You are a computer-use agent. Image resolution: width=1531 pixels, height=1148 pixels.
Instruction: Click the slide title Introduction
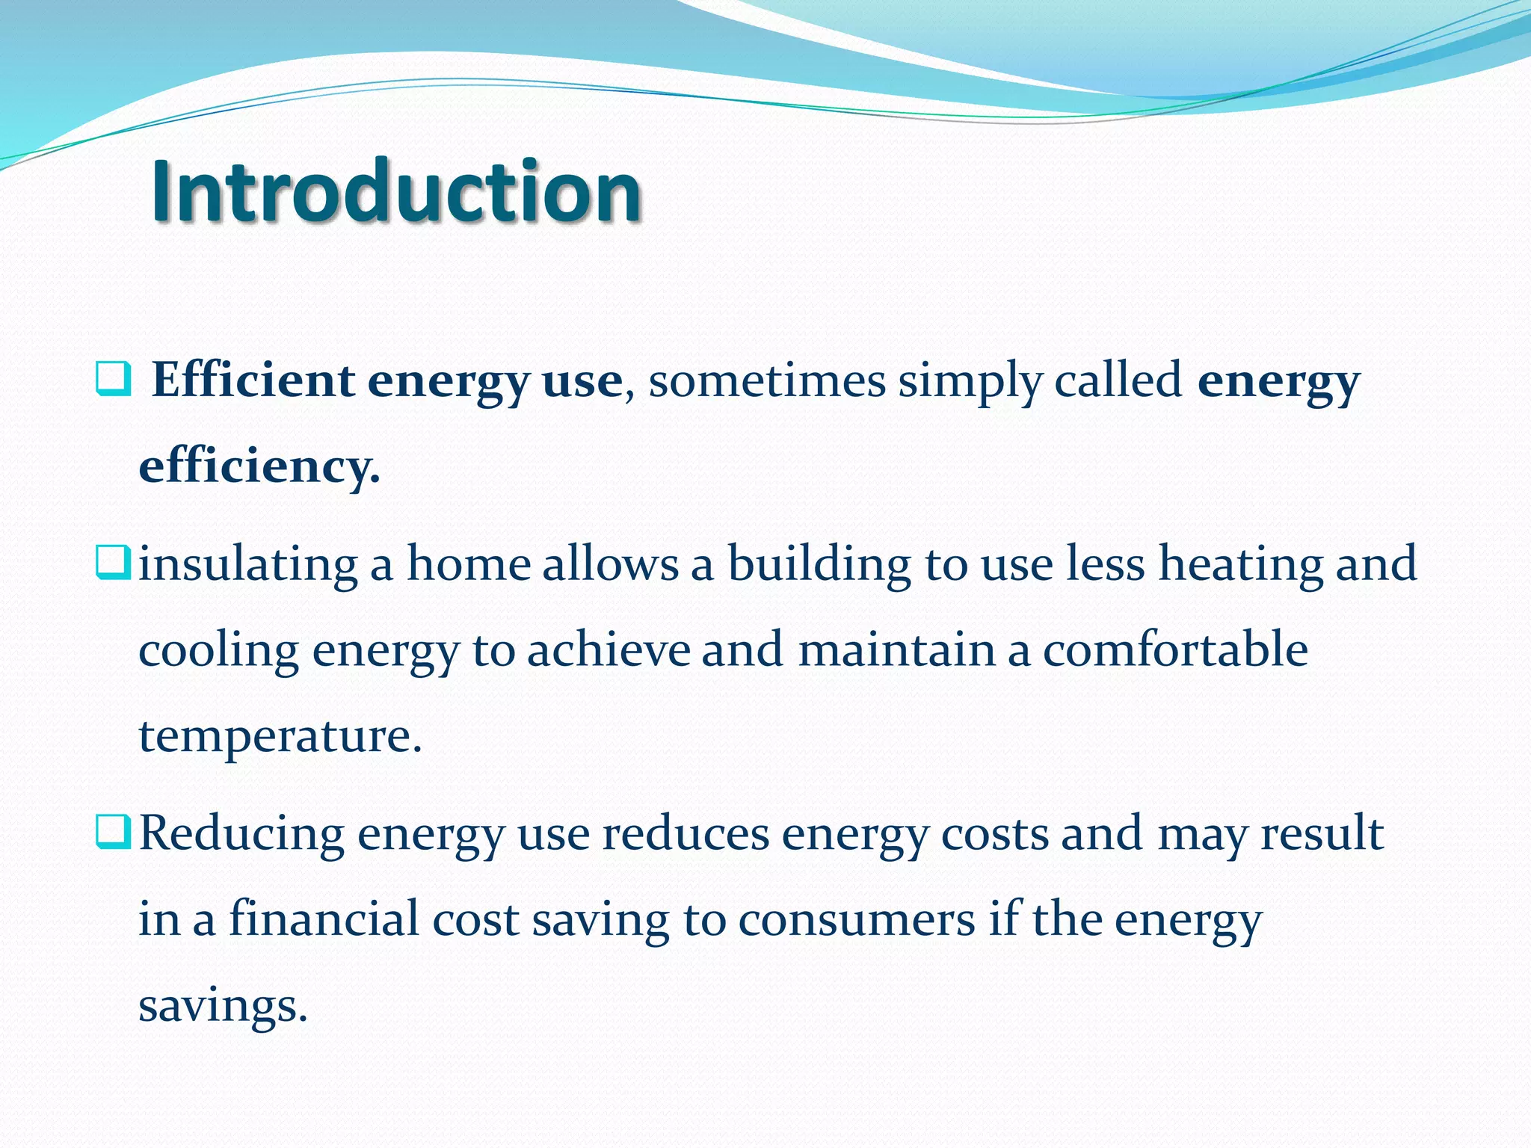click(x=396, y=191)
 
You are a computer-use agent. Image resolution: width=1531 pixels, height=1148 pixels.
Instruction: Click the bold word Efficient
click(x=253, y=380)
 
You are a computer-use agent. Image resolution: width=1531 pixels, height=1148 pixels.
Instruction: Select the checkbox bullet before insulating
click(x=114, y=563)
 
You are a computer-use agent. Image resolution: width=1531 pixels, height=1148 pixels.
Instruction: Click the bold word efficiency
click(x=259, y=466)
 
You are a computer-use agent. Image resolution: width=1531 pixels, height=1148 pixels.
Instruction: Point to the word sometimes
click(x=766, y=380)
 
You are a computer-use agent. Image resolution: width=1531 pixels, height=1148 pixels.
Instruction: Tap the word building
click(x=819, y=564)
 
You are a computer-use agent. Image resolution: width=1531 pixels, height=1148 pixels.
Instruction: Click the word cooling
click(x=218, y=651)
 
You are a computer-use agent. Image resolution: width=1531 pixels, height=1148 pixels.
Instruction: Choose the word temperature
click(x=280, y=736)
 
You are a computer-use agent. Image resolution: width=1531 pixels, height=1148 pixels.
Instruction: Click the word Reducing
click(x=241, y=833)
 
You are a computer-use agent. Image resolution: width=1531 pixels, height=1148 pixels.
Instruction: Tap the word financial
click(x=323, y=919)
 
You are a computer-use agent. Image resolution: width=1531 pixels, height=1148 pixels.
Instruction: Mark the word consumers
click(x=857, y=920)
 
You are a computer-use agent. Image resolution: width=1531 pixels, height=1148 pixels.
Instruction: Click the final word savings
click(x=223, y=1006)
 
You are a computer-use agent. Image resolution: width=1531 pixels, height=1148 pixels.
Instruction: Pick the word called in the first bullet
click(x=1118, y=380)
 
